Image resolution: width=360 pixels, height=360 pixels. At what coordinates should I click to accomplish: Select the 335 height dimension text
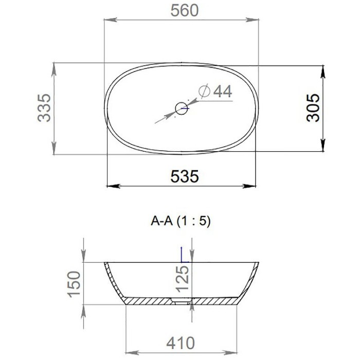pos(46,107)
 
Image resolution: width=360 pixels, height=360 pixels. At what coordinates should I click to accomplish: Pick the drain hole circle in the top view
pos(181,108)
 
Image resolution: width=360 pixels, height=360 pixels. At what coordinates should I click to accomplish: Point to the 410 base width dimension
pos(180,343)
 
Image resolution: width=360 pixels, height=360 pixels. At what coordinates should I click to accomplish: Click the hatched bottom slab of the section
pos(149,300)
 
